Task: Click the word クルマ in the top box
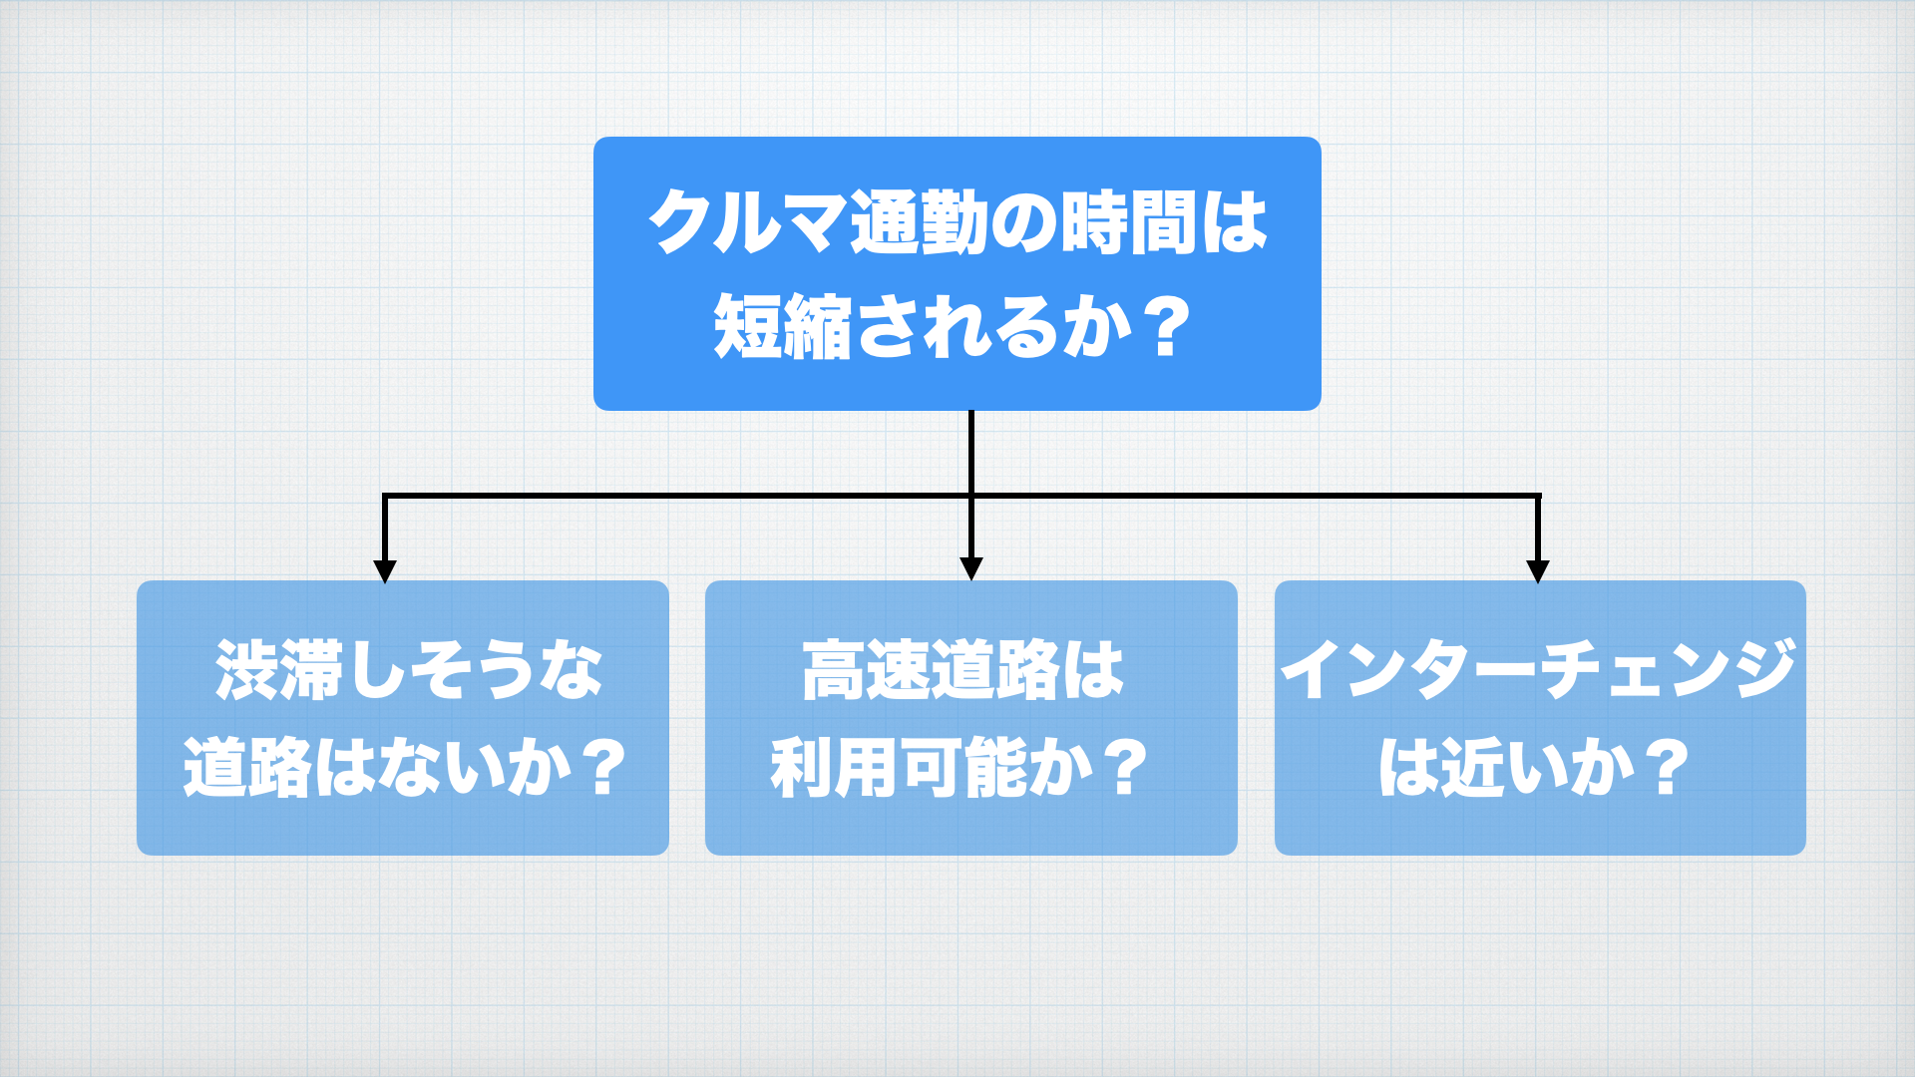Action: pos(747,221)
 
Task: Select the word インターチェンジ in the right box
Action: pos(1539,669)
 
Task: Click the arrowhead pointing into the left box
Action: pos(385,570)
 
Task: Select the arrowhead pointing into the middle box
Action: pos(971,568)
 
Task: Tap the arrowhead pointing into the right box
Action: pos(1538,570)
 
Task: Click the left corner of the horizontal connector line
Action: pos(385,496)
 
